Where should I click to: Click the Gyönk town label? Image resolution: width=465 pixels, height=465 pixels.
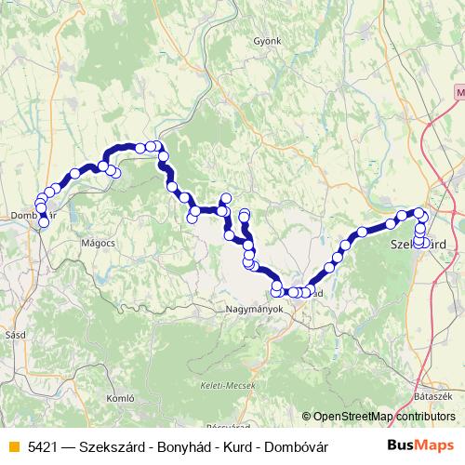tap(267, 42)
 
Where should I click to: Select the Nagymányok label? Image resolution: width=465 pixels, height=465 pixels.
tap(253, 308)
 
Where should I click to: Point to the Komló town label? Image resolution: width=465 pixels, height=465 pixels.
tap(123, 397)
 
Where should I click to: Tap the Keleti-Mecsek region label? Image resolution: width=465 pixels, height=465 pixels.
tap(222, 386)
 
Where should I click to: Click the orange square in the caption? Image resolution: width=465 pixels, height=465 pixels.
tap(12, 446)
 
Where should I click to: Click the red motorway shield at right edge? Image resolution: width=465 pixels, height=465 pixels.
tap(460, 93)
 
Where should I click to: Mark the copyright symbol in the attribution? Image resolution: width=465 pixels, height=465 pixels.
tap(307, 417)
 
